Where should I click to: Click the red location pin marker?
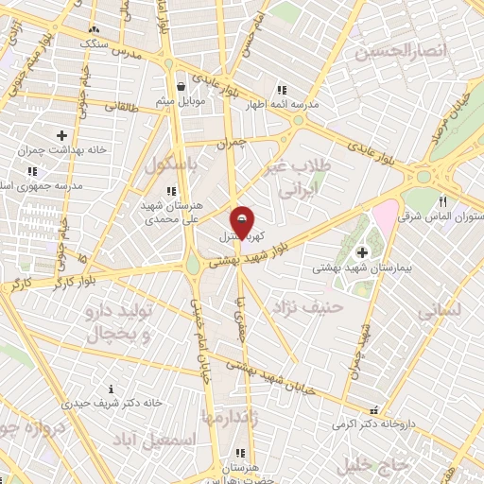pyautogui.click(x=243, y=223)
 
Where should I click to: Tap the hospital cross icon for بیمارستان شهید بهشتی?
pyautogui.click(x=362, y=251)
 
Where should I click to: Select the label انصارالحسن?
pyautogui.click(x=398, y=50)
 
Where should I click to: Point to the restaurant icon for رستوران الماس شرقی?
pyautogui.click(x=442, y=201)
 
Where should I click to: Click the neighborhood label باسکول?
pyautogui.click(x=171, y=164)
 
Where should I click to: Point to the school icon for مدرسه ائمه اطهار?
pyautogui.click(x=281, y=90)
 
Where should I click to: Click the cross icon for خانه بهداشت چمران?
pyautogui.click(x=62, y=135)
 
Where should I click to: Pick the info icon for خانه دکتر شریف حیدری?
pyautogui.click(x=112, y=389)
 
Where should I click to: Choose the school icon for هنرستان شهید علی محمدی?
pyautogui.click(x=169, y=191)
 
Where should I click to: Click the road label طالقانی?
pyautogui.click(x=120, y=107)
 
